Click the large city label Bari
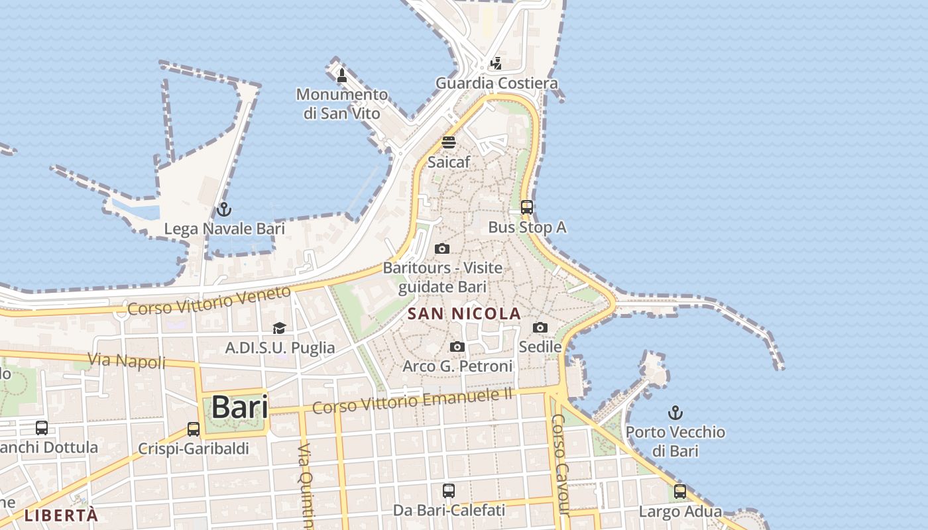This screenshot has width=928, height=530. (x=239, y=407)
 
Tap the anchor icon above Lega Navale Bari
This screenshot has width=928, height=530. (x=224, y=209)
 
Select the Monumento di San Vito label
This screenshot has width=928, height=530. (x=341, y=103)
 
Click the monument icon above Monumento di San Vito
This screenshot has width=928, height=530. (x=342, y=75)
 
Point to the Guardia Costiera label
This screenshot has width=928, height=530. (x=496, y=83)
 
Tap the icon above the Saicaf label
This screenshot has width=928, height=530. (x=449, y=142)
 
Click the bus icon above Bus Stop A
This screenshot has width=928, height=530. (x=527, y=207)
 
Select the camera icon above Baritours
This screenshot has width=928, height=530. (x=442, y=249)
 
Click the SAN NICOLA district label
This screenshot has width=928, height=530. (x=464, y=313)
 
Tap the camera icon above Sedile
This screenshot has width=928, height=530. (x=540, y=327)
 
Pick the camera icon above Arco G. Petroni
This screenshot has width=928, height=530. (x=457, y=346)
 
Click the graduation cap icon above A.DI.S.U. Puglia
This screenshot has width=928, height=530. (x=279, y=328)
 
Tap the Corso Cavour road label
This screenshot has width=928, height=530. (x=561, y=464)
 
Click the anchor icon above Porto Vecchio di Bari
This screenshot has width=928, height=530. (x=675, y=413)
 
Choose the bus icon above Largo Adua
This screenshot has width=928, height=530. (x=680, y=492)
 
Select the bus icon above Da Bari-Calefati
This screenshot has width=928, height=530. (x=449, y=491)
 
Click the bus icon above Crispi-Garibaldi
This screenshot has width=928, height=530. (x=194, y=429)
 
